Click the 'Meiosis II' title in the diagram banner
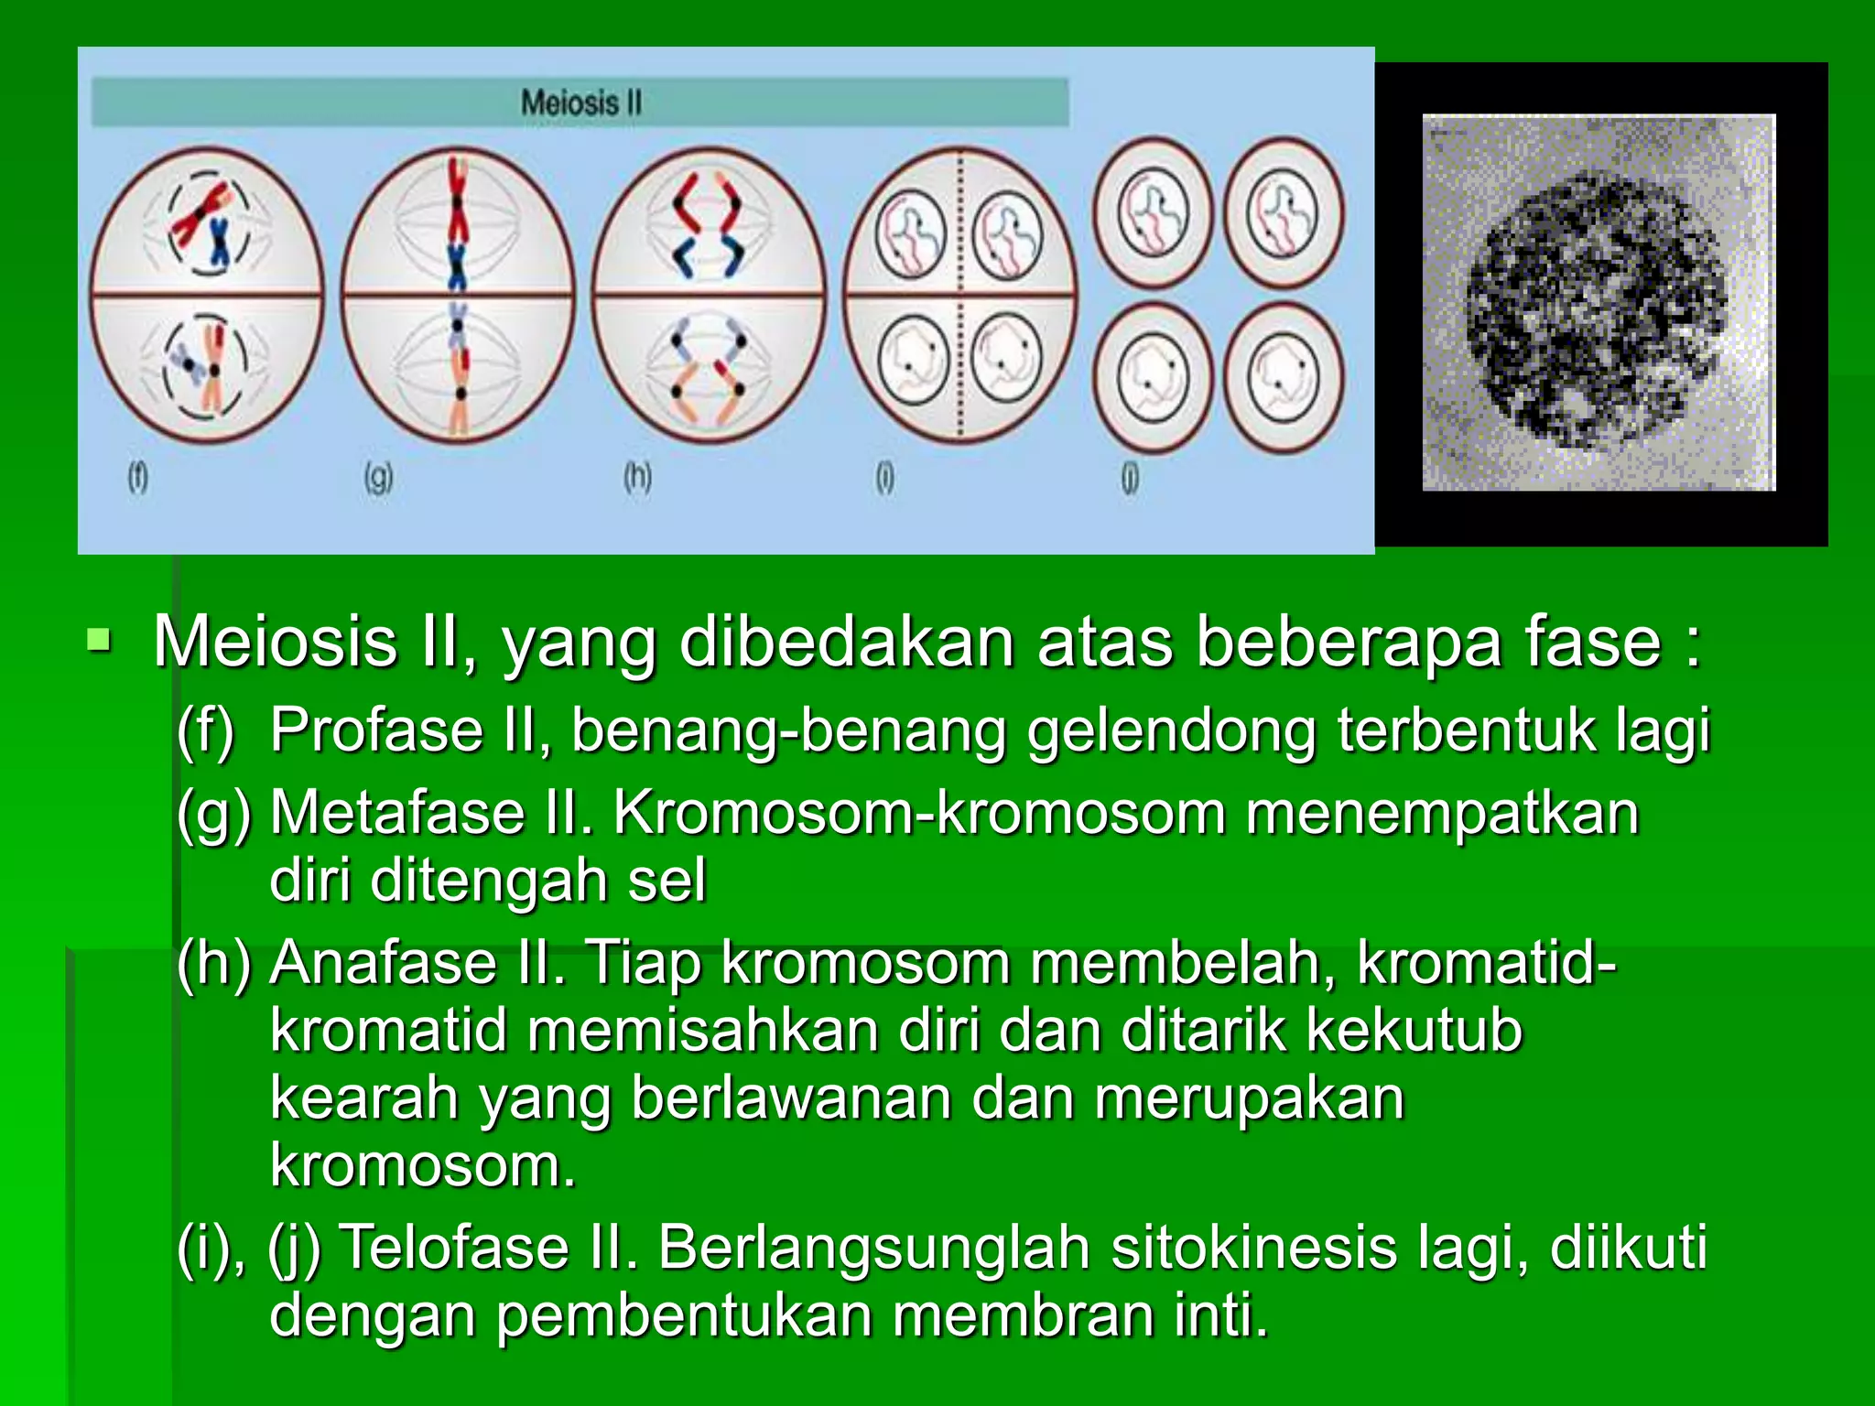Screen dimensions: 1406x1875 [580, 102]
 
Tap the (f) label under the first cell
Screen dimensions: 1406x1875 [137, 477]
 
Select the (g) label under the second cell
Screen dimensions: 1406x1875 [378, 477]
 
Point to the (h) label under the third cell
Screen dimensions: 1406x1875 [637, 477]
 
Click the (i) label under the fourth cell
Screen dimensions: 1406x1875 [884, 477]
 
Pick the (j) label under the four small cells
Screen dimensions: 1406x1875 [1130, 479]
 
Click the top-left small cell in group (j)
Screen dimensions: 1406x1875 [1154, 212]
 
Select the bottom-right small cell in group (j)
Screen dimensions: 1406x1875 [1284, 377]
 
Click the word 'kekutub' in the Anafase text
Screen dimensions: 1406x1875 [1414, 1030]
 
